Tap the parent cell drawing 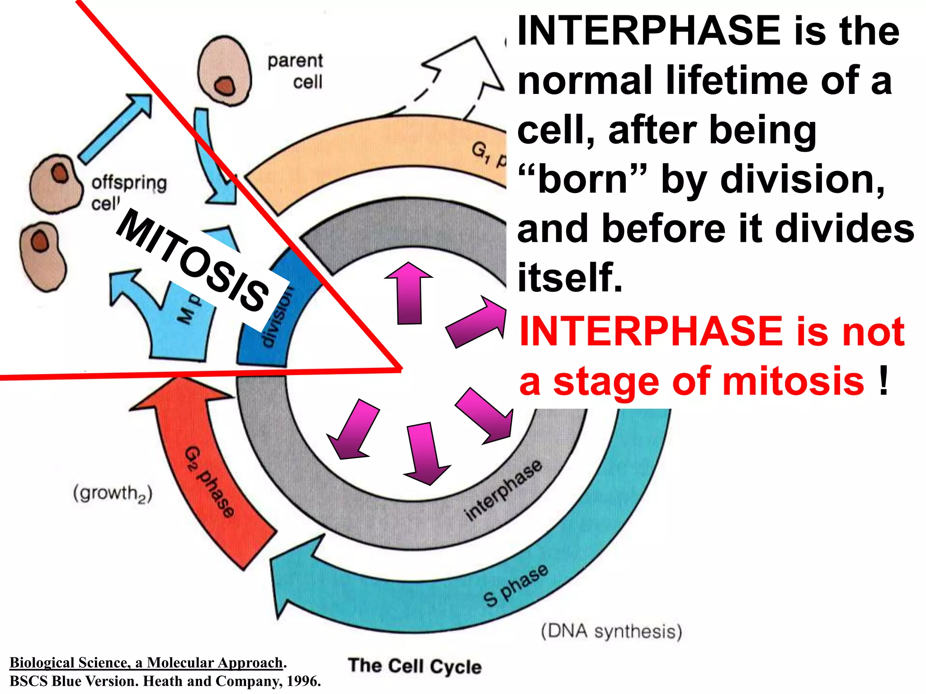[225, 70]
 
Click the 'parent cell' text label [296, 71]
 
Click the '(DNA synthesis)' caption [611, 631]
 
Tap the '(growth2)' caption [113, 493]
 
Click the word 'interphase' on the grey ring [503, 490]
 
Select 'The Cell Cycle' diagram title [415, 666]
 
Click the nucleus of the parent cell [225, 86]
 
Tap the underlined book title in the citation [146, 662]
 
